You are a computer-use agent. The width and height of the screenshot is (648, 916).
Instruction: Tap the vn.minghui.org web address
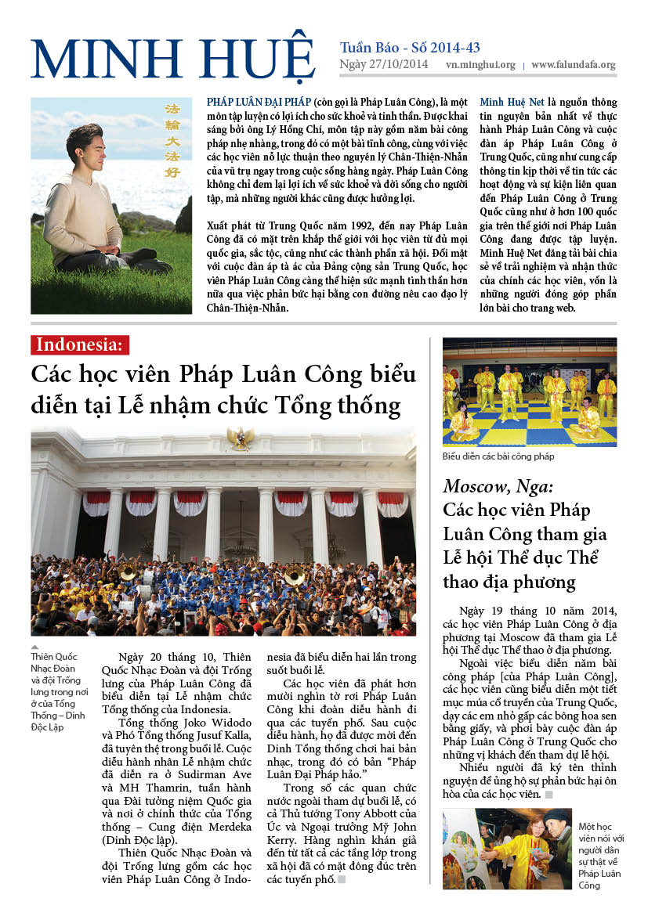pos(480,66)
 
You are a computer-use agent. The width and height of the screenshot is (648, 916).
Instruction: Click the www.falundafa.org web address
pos(573,66)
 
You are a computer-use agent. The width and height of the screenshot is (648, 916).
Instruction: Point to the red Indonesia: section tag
pos(80,344)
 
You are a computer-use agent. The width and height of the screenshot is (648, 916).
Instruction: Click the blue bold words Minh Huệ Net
pos(512,103)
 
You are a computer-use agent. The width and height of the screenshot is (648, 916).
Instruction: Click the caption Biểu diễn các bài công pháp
pos(498,456)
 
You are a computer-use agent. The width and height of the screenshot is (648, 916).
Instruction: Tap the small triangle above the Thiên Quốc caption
pos(34,648)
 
